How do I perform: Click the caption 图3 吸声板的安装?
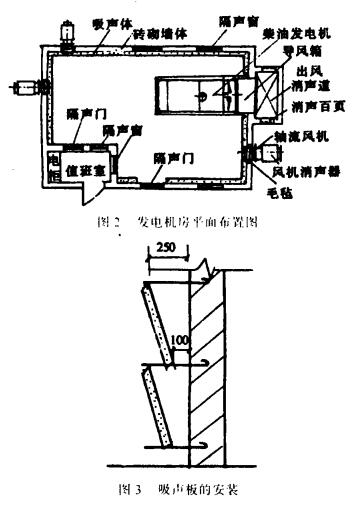(x=175, y=490)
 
